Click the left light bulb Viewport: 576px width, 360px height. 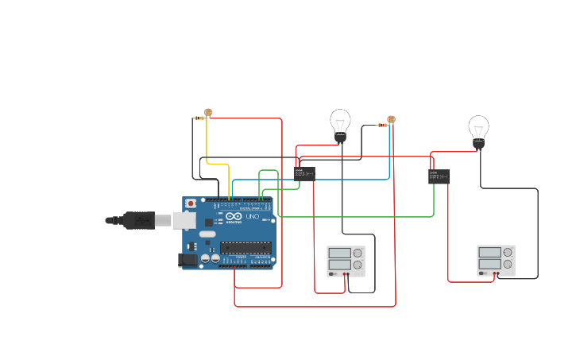(x=340, y=124)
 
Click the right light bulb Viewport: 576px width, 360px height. (x=478, y=130)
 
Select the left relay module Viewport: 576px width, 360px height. (x=305, y=174)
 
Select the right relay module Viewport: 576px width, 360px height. (x=439, y=176)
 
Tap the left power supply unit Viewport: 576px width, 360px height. (x=346, y=261)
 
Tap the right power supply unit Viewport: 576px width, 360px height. (x=496, y=260)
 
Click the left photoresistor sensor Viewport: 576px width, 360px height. (x=208, y=113)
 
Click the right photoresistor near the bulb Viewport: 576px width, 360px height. (x=391, y=119)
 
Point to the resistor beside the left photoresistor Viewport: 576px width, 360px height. (x=199, y=118)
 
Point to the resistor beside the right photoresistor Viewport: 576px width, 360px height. (x=382, y=125)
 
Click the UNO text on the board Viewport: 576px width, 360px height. (x=252, y=217)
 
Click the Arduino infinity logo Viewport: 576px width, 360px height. (x=234, y=217)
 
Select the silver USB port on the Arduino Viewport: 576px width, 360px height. (x=184, y=219)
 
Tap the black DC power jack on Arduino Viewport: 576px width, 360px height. (x=188, y=259)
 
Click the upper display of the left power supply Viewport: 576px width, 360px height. (x=339, y=254)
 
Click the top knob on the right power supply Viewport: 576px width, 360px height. (x=507, y=252)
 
